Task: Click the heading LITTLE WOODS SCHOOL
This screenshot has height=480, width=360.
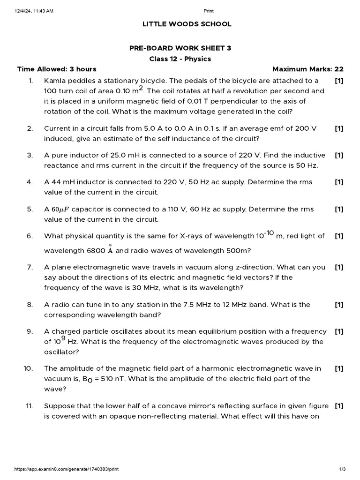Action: point(180,24)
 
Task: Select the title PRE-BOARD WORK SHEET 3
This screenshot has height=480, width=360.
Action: point(180,48)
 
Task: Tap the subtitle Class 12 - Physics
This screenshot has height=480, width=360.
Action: point(180,59)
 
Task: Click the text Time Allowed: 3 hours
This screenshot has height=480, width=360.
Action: point(57,69)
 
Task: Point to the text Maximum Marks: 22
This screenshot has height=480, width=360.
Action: point(308,69)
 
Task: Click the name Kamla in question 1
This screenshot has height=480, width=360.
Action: point(54,81)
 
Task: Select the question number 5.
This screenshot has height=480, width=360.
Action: point(30,209)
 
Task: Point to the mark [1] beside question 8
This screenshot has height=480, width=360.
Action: point(339,305)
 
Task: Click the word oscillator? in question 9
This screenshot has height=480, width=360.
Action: point(61,352)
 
